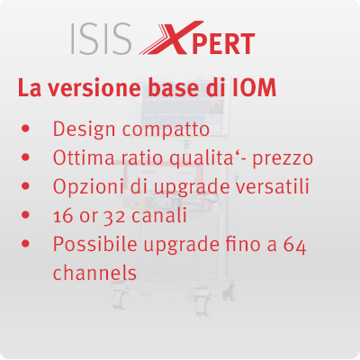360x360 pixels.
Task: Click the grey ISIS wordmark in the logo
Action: pyautogui.click(x=101, y=40)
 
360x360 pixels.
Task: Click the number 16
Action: pyautogui.click(x=63, y=215)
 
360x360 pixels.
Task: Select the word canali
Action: pyautogui.click(x=159, y=215)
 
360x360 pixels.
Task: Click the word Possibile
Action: pyautogui.click(x=94, y=244)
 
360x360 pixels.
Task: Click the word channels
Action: pyautogui.click(x=94, y=273)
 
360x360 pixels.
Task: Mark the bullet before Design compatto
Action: pyautogui.click(x=26, y=129)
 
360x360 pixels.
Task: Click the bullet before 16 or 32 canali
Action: pyautogui.click(x=26, y=215)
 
